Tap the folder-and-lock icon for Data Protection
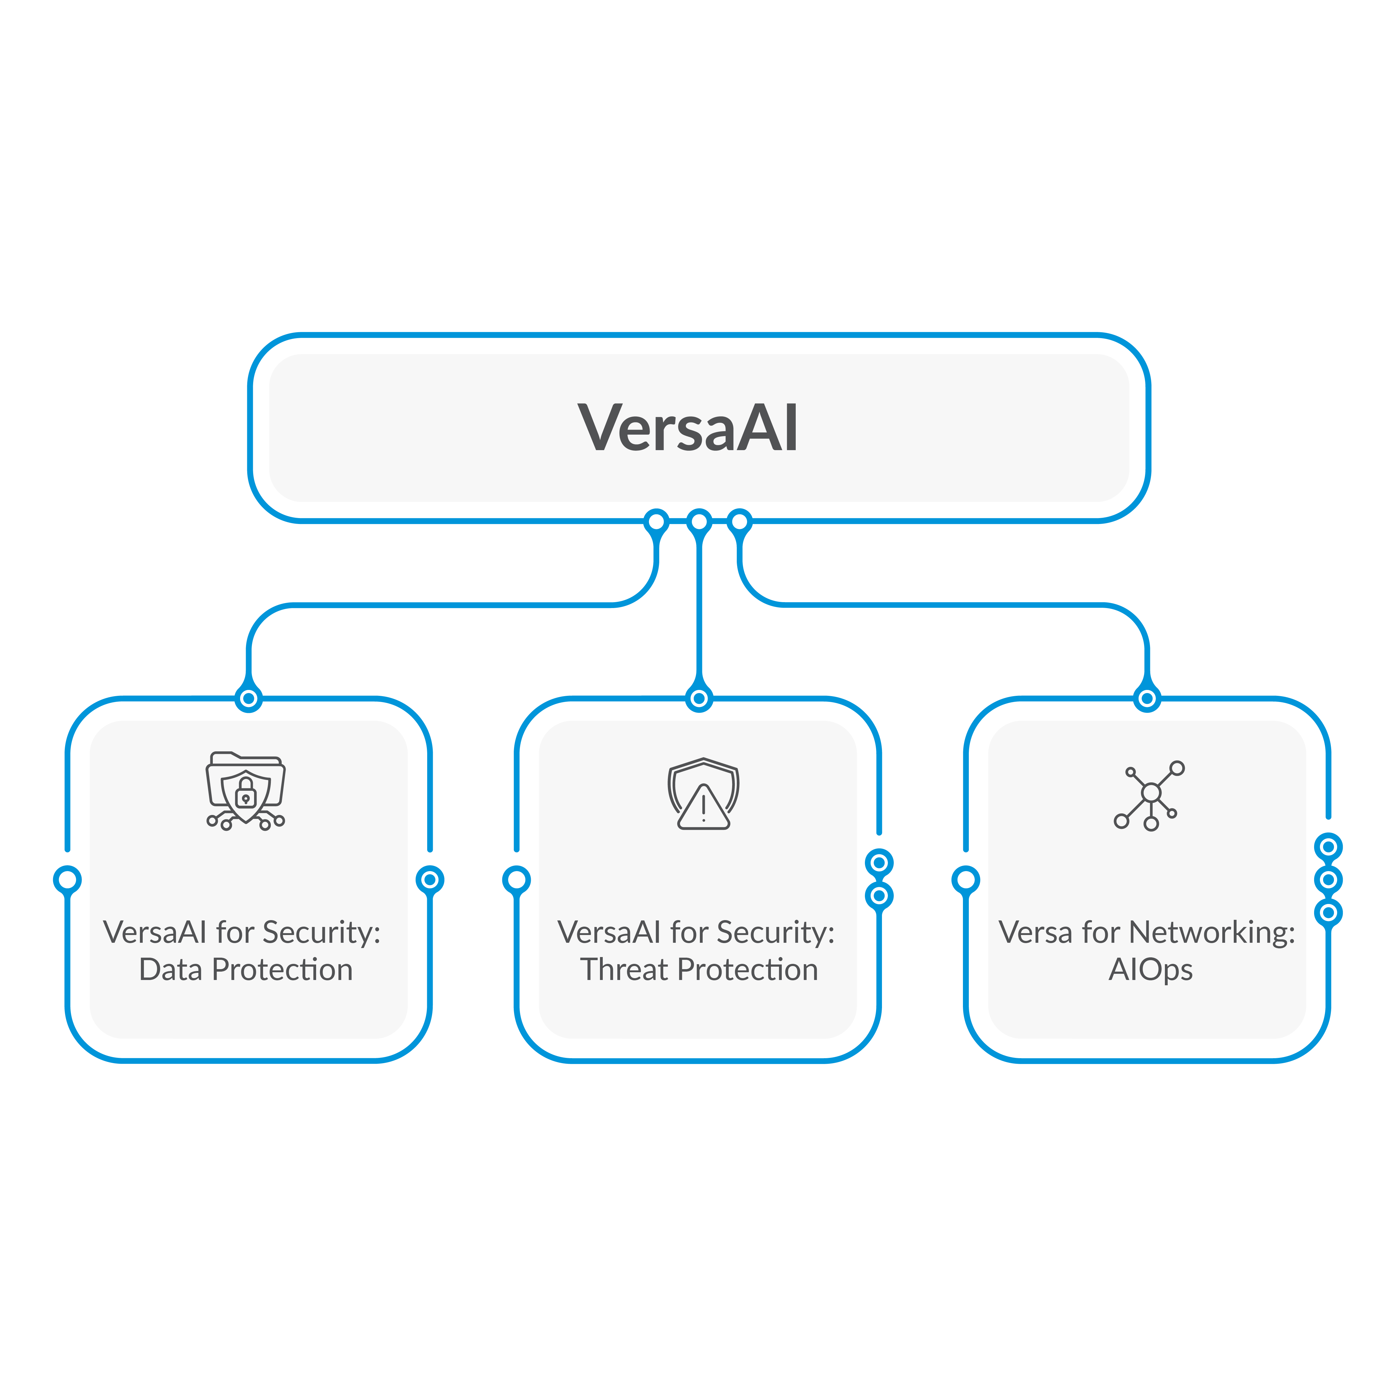pyautogui.click(x=246, y=791)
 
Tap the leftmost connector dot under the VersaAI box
pyautogui.click(x=656, y=521)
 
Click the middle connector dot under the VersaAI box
pyautogui.click(x=699, y=521)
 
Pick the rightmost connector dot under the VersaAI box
pyautogui.click(x=739, y=521)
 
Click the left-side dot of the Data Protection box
pyautogui.click(x=67, y=879)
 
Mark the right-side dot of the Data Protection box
pyautogui.click(x=430, y=879)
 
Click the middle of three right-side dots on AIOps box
pyautogui.click(x=1328, y=879)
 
